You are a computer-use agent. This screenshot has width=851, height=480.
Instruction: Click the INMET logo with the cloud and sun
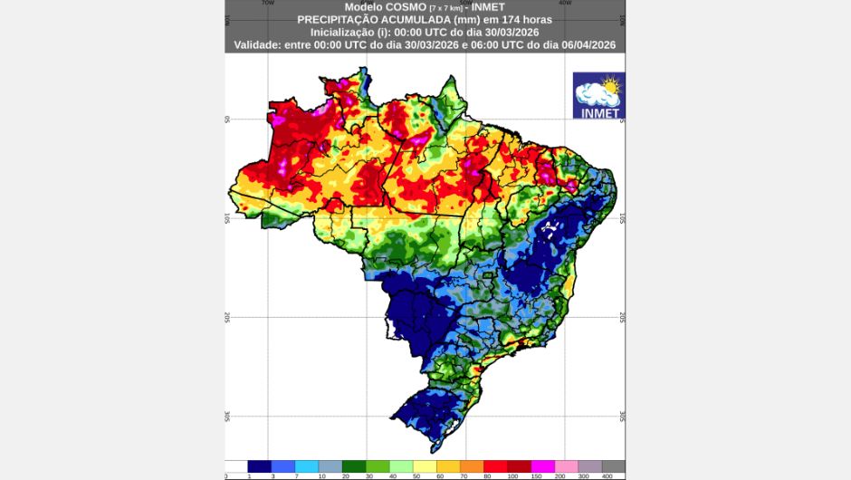coord(598,96)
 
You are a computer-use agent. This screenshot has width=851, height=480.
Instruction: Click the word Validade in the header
coord(262,43)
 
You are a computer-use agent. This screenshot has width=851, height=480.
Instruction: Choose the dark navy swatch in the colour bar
coord(260,466)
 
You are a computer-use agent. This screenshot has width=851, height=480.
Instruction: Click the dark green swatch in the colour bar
coord(354,466)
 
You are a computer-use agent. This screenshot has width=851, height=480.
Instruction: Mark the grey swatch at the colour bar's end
coord(613,466)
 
